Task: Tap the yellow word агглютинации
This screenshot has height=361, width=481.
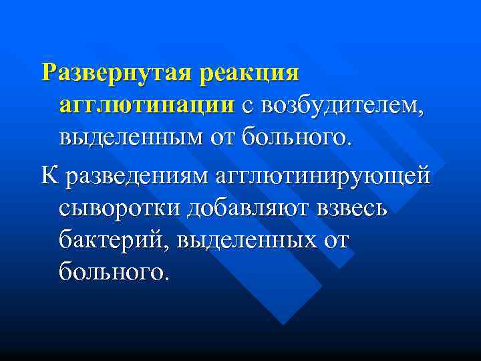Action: (x=146, y=106)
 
